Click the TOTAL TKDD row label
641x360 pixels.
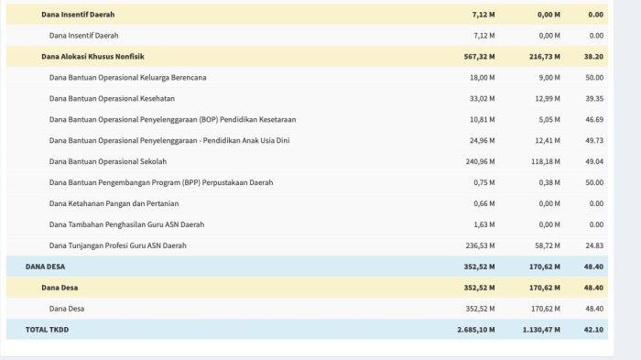click(47, 330)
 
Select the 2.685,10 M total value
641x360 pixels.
click(476, 330)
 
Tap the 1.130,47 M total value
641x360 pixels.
click(541, 330)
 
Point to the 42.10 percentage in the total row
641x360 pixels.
click(593, 330)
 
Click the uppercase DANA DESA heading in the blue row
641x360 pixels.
click(45, 267)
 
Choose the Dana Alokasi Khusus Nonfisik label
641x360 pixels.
click(92, 57)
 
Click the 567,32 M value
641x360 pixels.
click(479, 57)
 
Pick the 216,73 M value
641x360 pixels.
click(545, 57)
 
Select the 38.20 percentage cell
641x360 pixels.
click(593, 57)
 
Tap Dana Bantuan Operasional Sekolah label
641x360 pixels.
click(108, 161)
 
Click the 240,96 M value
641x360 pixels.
click(480, 161)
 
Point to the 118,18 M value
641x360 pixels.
click(546, 161)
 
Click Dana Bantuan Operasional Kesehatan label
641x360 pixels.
click(112, 99)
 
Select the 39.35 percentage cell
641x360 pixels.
click(594, 99)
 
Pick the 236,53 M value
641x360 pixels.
click(480, 245)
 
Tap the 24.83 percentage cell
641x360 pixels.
click(594, 245)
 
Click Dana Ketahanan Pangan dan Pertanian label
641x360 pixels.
click(114, 203)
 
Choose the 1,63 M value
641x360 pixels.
click(484, 224)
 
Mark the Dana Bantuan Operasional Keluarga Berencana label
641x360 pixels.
click(127, 78)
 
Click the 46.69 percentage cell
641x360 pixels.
click(594, 119)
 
